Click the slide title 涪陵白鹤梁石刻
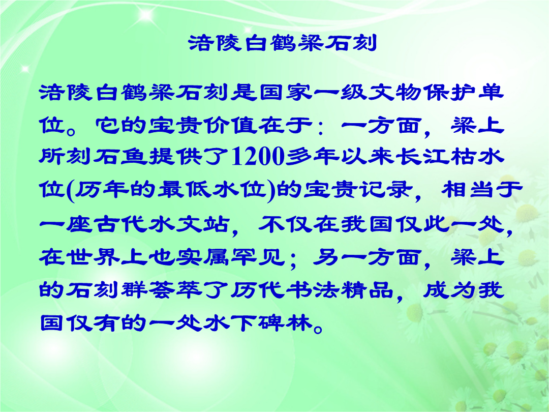(282, 43)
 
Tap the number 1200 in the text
(258, 156)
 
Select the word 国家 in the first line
(286, 93)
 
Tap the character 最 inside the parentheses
(171, 190)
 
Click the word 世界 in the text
(79, 257)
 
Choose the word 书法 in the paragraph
(313, 290)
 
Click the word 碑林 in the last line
(285, 322)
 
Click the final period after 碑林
(318, 329)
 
